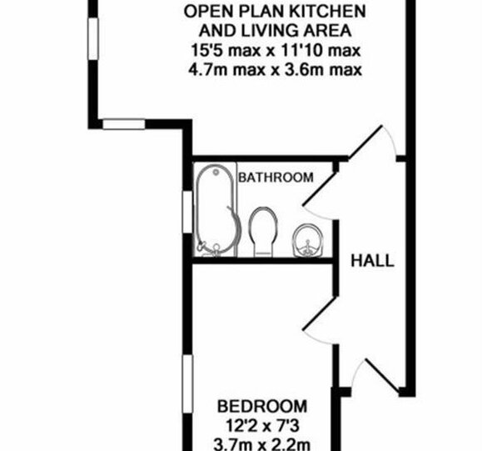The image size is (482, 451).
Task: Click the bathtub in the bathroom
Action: [217, 210]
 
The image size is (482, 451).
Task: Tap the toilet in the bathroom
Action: [263, 231]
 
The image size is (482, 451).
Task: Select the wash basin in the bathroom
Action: [308, 240]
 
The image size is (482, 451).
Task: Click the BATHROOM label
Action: [276, 178]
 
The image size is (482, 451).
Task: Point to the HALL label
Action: [373, 261]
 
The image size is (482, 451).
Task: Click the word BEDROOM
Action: [262, 406]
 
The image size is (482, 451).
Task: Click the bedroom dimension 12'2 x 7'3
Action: [262, 426]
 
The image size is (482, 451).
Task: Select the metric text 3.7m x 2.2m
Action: [261, 444]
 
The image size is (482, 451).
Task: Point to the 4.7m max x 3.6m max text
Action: [275, 70]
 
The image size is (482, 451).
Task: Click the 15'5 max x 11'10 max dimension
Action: [276, 50]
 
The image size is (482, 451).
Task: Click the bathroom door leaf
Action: [320, 188]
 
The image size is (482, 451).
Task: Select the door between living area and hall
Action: [366, 142]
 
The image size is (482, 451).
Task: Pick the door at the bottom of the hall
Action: [383, 377]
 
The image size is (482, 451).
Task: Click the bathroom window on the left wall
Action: [187, 212]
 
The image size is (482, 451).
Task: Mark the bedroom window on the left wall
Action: [187, 384]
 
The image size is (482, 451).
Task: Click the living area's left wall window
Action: [93, 38]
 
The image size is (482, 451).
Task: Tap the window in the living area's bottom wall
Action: [123, 124]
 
